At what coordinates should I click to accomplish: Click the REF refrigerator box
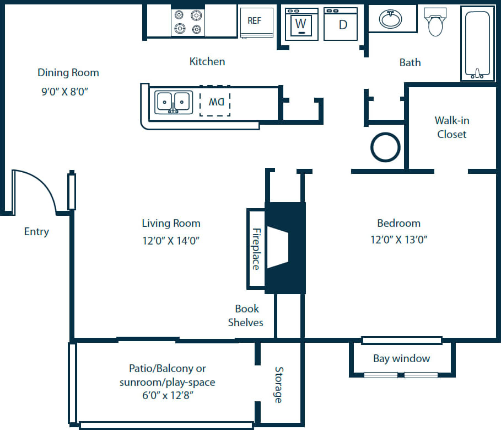click(x=257, y=23)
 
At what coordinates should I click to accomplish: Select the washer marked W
click(x=301, y=24)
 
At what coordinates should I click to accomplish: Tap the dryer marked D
click(x=341, y=24)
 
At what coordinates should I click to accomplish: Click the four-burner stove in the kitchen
click(x=188, y=23)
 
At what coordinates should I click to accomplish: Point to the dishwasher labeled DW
click(x=215, y=102)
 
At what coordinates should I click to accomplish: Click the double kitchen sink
click(x=173, y=102)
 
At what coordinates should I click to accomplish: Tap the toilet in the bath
click(x=436, y=22)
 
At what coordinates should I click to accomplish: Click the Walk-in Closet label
click(x=451, y=127)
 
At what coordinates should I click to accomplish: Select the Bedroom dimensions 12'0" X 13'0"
click(x=399, y=240)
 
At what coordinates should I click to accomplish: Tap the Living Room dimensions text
click(x=171, y=241)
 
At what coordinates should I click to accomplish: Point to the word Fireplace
click(x=256, y=249)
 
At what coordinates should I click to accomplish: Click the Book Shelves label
click(x=246, y=315)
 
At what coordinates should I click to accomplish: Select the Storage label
click(x=279, y=385)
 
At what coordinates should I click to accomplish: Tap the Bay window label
click(x=401, y=359)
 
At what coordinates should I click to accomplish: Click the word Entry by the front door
click(x=36, y=232)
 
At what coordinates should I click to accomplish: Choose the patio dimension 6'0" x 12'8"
click(x=167, y=395)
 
